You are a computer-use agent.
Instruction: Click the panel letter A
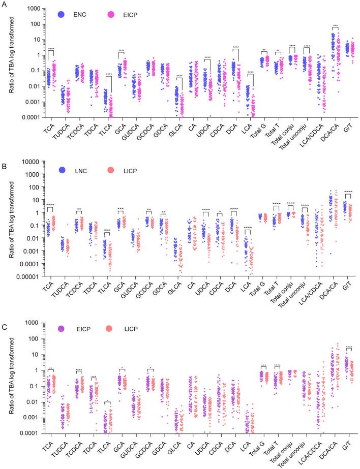[4, 3]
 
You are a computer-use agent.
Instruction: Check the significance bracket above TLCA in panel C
[107, 402]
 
